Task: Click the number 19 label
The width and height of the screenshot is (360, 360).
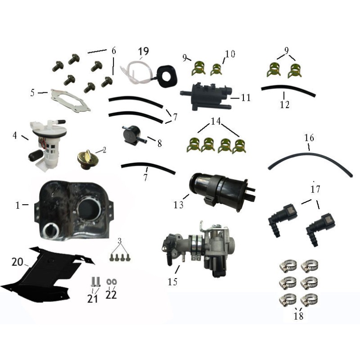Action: [144, 51]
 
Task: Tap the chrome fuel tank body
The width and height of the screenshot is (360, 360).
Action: [74, 210]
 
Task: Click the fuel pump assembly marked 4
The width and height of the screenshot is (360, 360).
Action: [48, 144]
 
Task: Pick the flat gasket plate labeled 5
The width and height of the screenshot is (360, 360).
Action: [71, 100]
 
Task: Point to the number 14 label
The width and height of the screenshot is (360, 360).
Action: [216, 121]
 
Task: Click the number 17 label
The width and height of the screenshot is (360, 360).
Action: [315, 189]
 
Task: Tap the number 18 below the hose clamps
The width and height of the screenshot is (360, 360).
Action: [298, 316]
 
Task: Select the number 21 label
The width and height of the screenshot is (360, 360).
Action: [93, 298]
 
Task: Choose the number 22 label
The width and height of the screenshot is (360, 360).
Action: [111, 295]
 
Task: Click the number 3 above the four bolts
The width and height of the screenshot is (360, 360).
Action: [119, 241]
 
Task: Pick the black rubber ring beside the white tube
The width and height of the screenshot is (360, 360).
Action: [167, 75]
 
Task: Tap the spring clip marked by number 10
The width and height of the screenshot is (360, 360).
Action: [216, 69]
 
